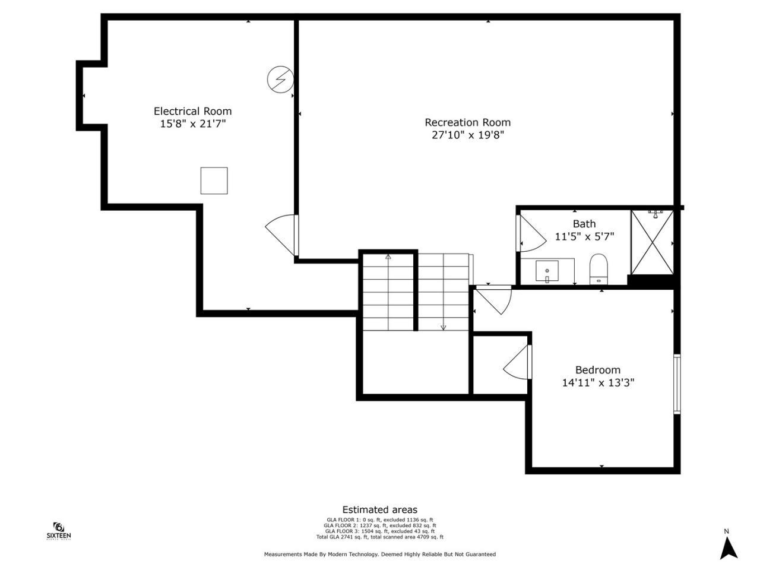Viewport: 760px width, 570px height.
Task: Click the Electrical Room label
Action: (192, 111)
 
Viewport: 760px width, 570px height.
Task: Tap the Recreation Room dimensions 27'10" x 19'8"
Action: (468, 135)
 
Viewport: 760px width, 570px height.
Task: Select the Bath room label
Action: (584, 224)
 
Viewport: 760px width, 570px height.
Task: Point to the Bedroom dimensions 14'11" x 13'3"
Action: (598, 383)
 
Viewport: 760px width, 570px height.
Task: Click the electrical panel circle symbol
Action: (280, 79)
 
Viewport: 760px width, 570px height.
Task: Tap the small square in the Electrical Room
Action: (214, 180)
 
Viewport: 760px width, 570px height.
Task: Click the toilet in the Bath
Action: (598, 269)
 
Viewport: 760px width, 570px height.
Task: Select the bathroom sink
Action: (547, 272)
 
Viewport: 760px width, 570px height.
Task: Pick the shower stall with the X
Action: (652, 242)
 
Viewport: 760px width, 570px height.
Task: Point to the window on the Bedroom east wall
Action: (677, 384)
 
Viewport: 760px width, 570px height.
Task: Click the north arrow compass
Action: (728, 544)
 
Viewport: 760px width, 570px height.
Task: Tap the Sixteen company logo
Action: (59, 531)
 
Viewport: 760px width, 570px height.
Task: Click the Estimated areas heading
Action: (379, 509)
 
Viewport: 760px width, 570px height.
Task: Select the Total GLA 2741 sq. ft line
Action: (379, 537)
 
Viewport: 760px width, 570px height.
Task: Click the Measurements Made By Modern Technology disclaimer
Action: (379, 554)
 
